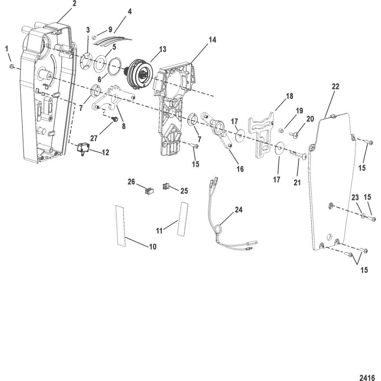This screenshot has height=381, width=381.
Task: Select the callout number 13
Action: click(x=162, y=49)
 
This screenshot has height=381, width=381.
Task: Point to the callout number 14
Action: click(x=212, y=39)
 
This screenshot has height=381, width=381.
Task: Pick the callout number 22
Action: click(x=335, y=87)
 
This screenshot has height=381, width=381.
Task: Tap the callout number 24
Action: click(x=239, y=210)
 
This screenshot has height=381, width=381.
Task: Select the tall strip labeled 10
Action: click(x=121, y=226)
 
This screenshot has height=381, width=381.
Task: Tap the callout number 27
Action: click(x=94, y=138)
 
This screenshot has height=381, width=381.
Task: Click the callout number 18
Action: click(x=290, y=96)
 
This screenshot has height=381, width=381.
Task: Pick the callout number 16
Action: click(x=240, y=169)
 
